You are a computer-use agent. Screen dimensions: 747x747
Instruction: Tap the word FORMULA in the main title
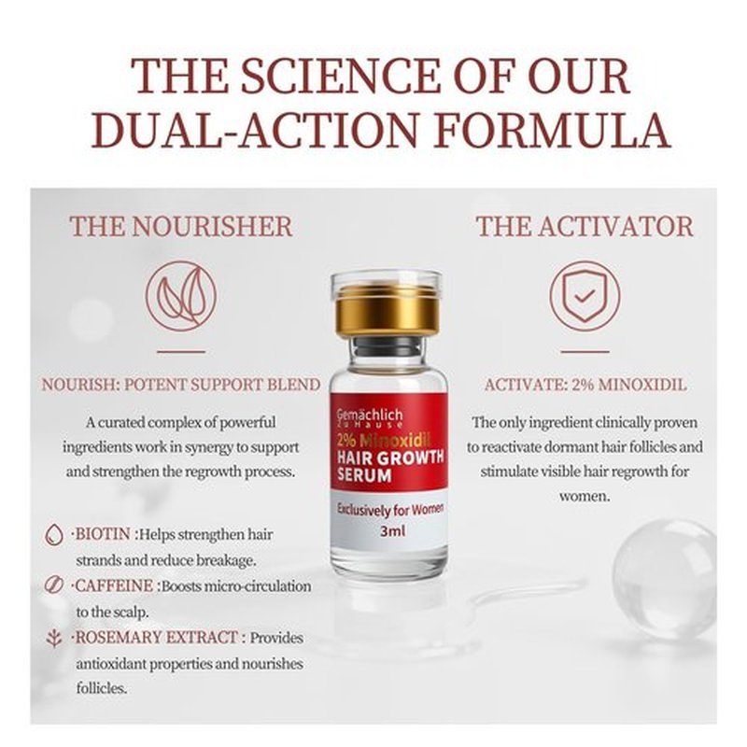(552, 131)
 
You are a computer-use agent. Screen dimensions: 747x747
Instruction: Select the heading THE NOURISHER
(181, 226)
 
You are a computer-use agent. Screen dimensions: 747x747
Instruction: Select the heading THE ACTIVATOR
(585, 226)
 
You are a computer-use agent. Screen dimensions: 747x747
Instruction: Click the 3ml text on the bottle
(392, 530)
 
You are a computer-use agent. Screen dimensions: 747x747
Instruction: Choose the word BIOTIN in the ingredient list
(103, 534)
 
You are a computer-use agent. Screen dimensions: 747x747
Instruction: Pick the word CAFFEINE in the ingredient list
(114, 585)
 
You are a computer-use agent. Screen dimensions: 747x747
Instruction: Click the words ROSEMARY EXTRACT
(157, 637)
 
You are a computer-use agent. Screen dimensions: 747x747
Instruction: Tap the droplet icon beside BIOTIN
(54, 535)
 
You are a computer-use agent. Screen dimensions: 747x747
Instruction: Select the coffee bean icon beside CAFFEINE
(54, 585)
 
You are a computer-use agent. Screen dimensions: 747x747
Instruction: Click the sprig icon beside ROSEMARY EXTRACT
(54, 638)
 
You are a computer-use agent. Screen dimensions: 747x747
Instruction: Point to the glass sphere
(664, 572)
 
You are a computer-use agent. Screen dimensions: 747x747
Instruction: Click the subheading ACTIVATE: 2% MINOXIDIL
(585, 385)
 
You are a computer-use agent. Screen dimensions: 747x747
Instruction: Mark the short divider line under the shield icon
(585, 352)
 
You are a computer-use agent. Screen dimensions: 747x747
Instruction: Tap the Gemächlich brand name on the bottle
(370, 415)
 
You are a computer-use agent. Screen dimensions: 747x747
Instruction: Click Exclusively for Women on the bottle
(390, 509)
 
